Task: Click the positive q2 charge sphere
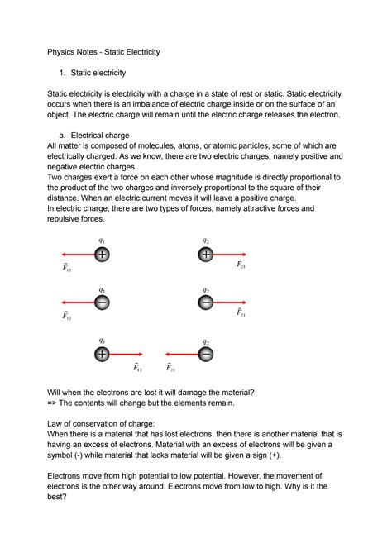[205, 255]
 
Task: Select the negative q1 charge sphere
[102, 303]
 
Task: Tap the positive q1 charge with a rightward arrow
[102, 354]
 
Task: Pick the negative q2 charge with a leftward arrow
[206, 354]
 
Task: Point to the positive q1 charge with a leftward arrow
[102, 255]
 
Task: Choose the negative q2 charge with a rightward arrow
[205, 303]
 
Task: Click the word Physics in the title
[65, 52]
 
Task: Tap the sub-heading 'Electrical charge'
[111, 134]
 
